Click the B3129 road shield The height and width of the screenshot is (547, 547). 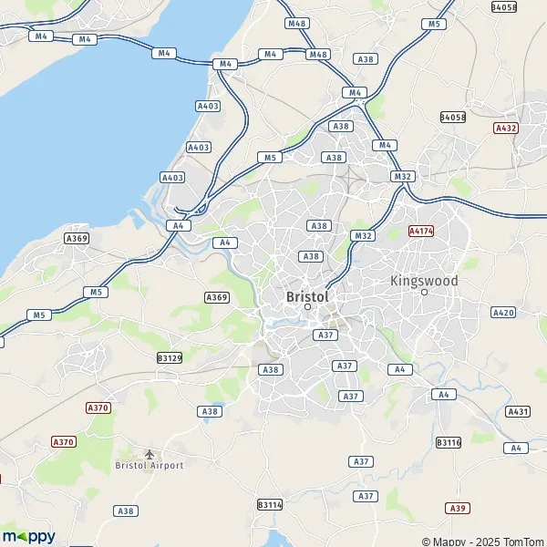[x=170, y=358]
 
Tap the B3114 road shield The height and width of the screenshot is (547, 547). [x=270, y=504]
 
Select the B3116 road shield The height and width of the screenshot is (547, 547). [x=449, y=442]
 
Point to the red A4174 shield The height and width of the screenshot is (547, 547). [x=421, y=232]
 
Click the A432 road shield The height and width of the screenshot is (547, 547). [x=506, y=129]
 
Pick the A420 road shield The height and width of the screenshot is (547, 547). [x=503, y=313]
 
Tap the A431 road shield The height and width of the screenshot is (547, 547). [x=518, y=412]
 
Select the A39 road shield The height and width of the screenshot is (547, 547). [x=457, y=508]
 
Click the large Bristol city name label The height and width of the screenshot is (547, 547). [x=307, y=296]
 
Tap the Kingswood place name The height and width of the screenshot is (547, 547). [x=424, y=281]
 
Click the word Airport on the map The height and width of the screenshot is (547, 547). [x=167, y=466]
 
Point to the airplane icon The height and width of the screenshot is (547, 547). [x=150, y=453]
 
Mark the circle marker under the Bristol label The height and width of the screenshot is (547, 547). [x=308, y=307]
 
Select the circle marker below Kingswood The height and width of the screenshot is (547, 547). [x=424, y=293]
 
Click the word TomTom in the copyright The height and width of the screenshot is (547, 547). [x=523, y=542]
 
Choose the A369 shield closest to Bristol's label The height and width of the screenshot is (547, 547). [x=217, y=297]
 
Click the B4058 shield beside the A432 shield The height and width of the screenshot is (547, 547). [x=452, y=117]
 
